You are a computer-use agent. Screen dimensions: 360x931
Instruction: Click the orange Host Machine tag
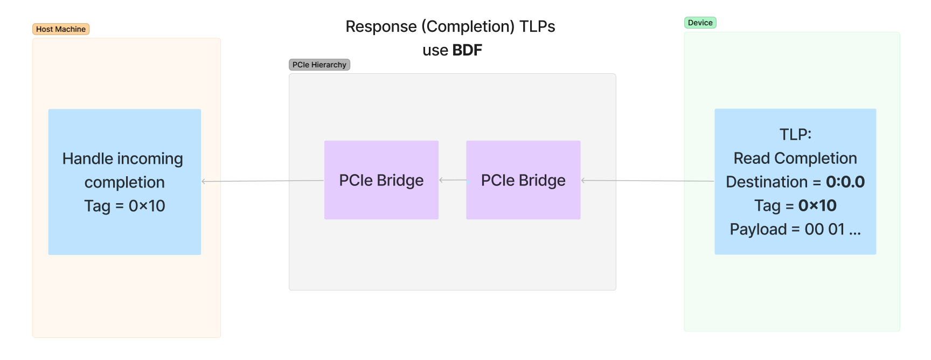coord(61,29)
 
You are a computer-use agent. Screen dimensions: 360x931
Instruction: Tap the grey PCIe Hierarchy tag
coord(319,65)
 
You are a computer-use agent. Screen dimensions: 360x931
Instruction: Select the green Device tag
coord(700,23)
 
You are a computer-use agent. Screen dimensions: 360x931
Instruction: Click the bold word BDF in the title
coord(467,50)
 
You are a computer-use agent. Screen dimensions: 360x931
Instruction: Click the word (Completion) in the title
coord(468,26)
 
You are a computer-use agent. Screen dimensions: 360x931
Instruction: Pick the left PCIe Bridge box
coord(381,180)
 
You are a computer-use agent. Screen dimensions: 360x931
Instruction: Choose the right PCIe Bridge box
coord(523,180)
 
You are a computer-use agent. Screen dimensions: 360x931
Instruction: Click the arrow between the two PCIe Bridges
coord(453,180)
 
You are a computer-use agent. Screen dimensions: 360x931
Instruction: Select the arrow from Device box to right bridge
coord(647,181)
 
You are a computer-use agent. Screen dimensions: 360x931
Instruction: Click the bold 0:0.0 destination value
coord(845,182)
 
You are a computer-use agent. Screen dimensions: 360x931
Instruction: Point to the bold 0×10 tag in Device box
coord(817,205)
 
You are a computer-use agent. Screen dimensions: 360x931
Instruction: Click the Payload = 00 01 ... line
coord(795,229)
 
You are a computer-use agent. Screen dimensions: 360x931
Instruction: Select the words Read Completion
coord(795,158)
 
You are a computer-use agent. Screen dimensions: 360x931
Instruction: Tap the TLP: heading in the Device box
coord(795,134)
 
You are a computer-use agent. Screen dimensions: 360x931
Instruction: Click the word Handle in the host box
coord(88,158)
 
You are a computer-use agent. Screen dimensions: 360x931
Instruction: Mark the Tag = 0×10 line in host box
coord(124,206)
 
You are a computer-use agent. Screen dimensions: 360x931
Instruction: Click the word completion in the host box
coord(124,182)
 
